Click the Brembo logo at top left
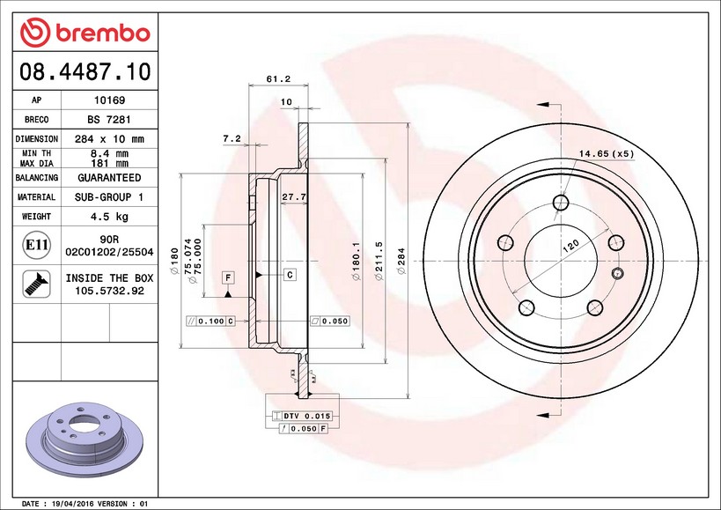85,33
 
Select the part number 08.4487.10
85,71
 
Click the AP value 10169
109,100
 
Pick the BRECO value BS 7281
109,120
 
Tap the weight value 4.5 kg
109,217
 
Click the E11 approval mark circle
36,245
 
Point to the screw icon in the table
36,284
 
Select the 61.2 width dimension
278,79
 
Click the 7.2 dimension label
232,138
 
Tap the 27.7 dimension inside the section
293,196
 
